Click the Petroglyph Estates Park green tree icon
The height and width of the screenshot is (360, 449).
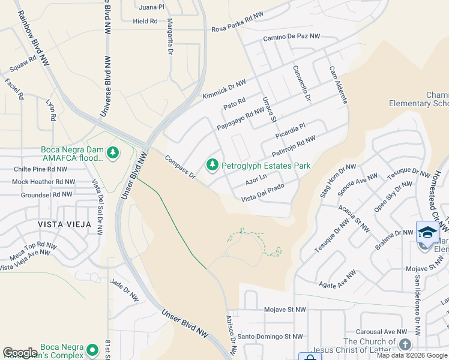[x=212, y=164]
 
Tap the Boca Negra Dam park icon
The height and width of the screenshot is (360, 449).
[x=112, y=154]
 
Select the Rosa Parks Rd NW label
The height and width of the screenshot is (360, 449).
[x=237, y=29]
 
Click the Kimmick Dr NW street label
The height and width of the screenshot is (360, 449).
[x=224, y=88]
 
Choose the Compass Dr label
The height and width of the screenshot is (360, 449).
[x=180, y=167]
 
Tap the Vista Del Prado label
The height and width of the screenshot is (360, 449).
[x=262, y=195]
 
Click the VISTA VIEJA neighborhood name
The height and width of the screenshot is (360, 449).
[x=65, y=224]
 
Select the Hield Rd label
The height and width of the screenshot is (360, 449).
[x=145, y=21]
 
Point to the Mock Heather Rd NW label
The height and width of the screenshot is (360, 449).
[x=44, y=182]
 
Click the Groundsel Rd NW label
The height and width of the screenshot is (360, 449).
[x=47, y=195]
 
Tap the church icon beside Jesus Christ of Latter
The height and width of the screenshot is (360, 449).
[x=405, y=344]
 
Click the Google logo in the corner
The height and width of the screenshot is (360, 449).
[x=20, y=353]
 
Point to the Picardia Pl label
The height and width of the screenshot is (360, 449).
[x=291, y=129]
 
